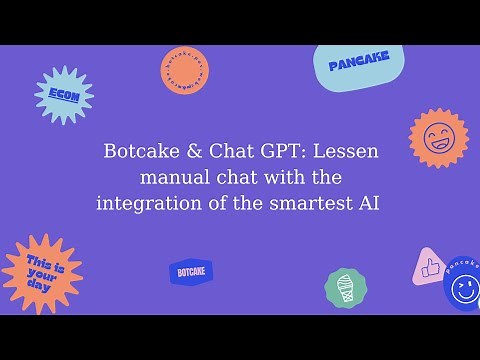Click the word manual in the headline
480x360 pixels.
[170, 179]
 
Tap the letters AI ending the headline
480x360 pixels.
[371, 204]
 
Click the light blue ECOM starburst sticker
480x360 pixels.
[64, 96]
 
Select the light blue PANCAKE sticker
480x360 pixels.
[358, 64]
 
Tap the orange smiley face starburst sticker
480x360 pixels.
[438, 139]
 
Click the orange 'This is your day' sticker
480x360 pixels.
[41, 274]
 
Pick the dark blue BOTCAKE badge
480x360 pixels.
[190, 271]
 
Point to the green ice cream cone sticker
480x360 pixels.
[345, 286]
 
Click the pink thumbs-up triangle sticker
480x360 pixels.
[430, 268]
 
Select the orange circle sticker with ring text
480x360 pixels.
[184, 71]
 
